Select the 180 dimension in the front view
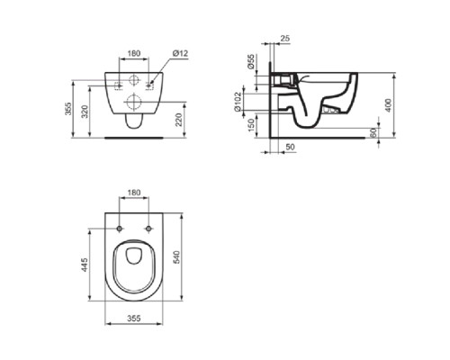coord(133,54)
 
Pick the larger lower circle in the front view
coord(133,102)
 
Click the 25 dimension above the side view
coord(285,39)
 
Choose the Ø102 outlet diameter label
coord(252,97)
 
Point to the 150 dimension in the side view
coord(252,124)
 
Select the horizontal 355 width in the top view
coord(132,318)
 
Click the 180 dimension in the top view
coord(133,193)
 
